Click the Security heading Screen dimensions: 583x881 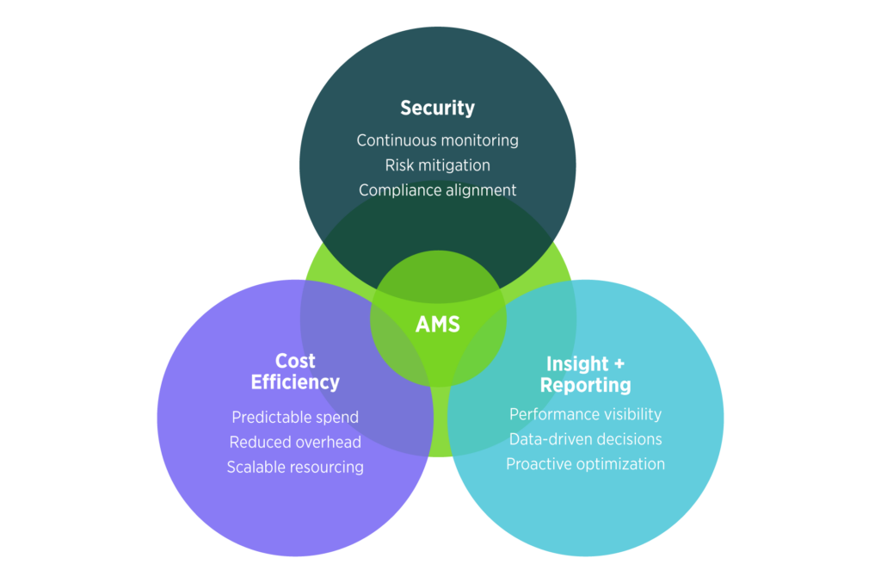pyautogui.click(x=437, y=109)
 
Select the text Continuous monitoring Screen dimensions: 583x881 pyautogui.click(x=437, y=140)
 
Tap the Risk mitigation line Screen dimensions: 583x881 pyautogui.click(x=437, y=164)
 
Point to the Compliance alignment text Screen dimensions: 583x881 pyautogui.click(x=437, y=189)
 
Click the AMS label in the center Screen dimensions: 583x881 pyautogui.click(x=437, y=325)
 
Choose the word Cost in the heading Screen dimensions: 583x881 pyautogui.click(x=295, y=361)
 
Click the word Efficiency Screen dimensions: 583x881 pyautogui.click(x=295, y=382)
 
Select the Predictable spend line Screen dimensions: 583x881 pyautogui.click(x=295, y=417)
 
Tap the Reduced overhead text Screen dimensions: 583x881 pyautogui.click(x=295, y=442)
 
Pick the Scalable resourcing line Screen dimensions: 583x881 pyautogui.click(x=295, y=467)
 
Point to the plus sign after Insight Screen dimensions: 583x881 pyautogui.click(x=618, y=364)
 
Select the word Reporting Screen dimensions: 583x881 pyautogui.click(x=585, y=385)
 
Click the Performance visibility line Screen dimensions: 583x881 pyautogui.click(x=585, y=414)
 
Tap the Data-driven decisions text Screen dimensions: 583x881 pyautogui.click(x=585, y=439)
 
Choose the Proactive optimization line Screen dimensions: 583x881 pyautogui.click(x=585, y=464)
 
